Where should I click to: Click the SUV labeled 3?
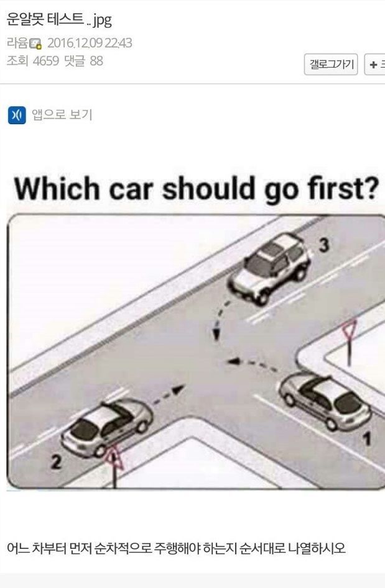[270, 268]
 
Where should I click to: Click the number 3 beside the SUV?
[323, 246]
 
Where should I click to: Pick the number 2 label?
[56, 463]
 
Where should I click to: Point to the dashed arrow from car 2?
[169, 396]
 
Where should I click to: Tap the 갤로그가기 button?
[331, 64]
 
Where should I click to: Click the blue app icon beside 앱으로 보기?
[17, 115]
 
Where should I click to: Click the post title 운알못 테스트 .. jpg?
[59, 20]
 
